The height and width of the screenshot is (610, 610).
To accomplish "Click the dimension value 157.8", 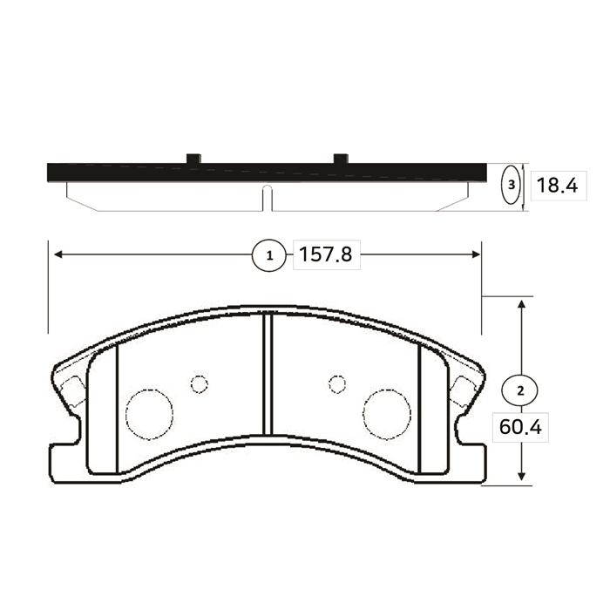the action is [x=326, y=254].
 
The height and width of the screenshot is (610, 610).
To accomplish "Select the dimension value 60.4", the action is [x=520, y=428].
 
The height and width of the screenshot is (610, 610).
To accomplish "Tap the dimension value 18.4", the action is [x=557, y=186].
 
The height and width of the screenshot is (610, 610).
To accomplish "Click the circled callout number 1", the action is [x=269, y=255].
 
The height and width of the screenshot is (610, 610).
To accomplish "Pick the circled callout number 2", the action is [x=520, y=390].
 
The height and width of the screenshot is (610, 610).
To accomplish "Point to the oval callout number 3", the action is [x=512, y=185].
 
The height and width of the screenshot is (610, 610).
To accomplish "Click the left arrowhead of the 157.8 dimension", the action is [x=58, y=254].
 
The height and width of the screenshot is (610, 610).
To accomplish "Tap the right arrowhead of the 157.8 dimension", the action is [x=476, y=254].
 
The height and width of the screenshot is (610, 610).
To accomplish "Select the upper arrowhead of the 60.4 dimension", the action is [x=522, y=304].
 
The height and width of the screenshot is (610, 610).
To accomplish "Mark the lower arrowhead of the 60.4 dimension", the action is [x=522, y=476].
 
